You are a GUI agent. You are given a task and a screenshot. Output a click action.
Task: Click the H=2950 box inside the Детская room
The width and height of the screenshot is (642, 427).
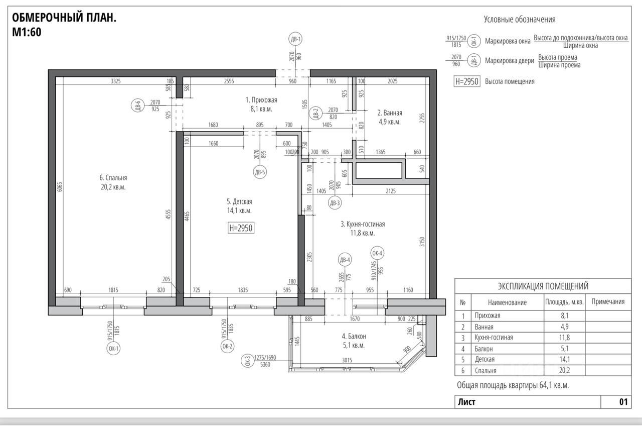(x=241, y=228)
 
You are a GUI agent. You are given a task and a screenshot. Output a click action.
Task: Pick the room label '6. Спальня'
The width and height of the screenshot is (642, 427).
(x=113, y=178)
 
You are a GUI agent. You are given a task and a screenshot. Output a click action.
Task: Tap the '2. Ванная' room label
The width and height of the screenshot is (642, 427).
(x=390, y=113)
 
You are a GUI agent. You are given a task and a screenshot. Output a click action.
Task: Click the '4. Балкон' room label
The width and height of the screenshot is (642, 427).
(x=354, y=336)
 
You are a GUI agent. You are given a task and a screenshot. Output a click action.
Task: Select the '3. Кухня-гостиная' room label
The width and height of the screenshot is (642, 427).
(x=363, y=224)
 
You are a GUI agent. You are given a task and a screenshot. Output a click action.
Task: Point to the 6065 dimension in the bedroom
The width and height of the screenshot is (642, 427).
(x=60, y=187)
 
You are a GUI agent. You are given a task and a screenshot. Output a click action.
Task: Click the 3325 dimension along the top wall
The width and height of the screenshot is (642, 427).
(x=116, y=81)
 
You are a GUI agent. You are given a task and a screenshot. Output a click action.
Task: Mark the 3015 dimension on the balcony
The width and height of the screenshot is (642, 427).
(x=347, y=360)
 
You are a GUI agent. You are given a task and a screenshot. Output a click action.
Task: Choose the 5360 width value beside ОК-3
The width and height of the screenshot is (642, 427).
(x=265, y=364)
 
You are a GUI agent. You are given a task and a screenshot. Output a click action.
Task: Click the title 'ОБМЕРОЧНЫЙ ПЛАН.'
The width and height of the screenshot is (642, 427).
(x=64, y=18)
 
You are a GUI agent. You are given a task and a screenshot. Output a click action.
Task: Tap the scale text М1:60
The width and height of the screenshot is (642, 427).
(x=27, y=32)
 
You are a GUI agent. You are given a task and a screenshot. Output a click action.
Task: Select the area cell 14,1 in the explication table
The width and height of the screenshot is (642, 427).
(x=565, y=359)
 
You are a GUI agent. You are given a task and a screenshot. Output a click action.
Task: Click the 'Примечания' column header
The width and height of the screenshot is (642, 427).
(x=608, y=301)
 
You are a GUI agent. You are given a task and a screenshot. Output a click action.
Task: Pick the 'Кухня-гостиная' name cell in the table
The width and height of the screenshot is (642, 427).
(x=494, y=337)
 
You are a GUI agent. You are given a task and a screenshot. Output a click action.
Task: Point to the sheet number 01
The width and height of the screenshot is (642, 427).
(x=623, y=402)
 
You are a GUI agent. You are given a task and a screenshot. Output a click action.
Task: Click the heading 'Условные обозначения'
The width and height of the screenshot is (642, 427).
(x=520, y=19)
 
